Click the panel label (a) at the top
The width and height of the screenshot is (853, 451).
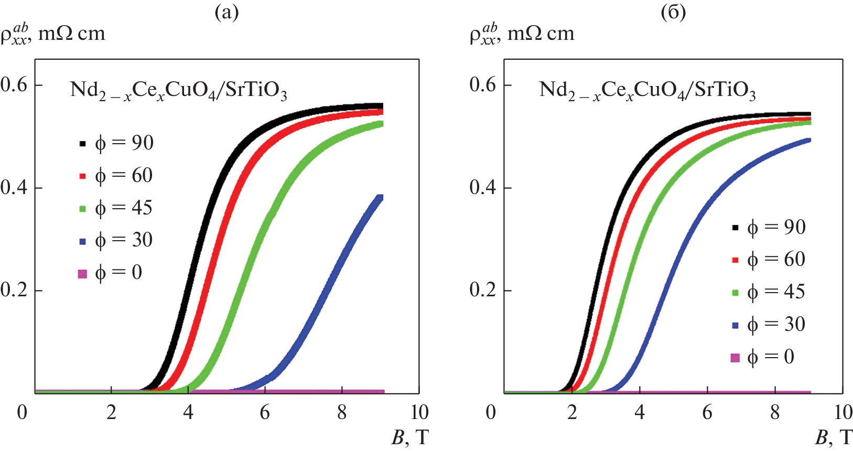pyautogui.click(x=226, y=12)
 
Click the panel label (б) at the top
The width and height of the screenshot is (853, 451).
pyautogui.click(x=673, y=12)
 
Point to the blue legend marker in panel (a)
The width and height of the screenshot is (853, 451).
pyautogui.click(x=82, y=241)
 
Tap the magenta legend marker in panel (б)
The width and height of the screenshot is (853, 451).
pyautogui.click(x=735, y=358)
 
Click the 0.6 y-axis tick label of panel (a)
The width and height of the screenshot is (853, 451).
pyautogui.click(x=14, y=85)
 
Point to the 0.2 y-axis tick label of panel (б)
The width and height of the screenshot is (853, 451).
pyautogui.click(x=483, y=290)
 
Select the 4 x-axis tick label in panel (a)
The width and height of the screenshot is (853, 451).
pyautogui.click(x=188, y=413)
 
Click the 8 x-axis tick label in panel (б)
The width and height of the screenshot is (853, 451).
pyautogui.click(x=775, y=413)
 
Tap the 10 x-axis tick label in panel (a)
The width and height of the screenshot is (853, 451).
pyautogui.click(x=419, y=413)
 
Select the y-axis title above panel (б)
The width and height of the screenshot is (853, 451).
pyautogui.click(x=522, y=34)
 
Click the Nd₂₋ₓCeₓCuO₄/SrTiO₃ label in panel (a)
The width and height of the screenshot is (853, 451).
pyautogui.click(x=178, y=91)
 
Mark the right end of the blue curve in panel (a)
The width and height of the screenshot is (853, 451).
pyautogui.click(x=381, y=198)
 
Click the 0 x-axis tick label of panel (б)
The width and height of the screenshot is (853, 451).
pyautogui.click(x=491, y=413)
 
